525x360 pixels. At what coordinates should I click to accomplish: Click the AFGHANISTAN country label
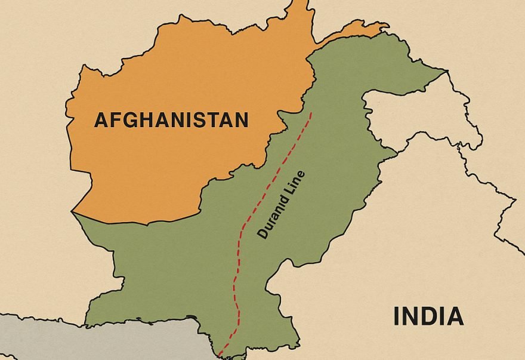[x=171, y=121]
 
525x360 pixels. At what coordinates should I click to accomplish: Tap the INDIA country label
[x=428, y=316]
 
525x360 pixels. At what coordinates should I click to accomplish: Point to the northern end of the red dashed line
[x=311, y=112]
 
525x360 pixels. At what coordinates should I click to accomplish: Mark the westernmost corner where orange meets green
[x=73, y=212]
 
